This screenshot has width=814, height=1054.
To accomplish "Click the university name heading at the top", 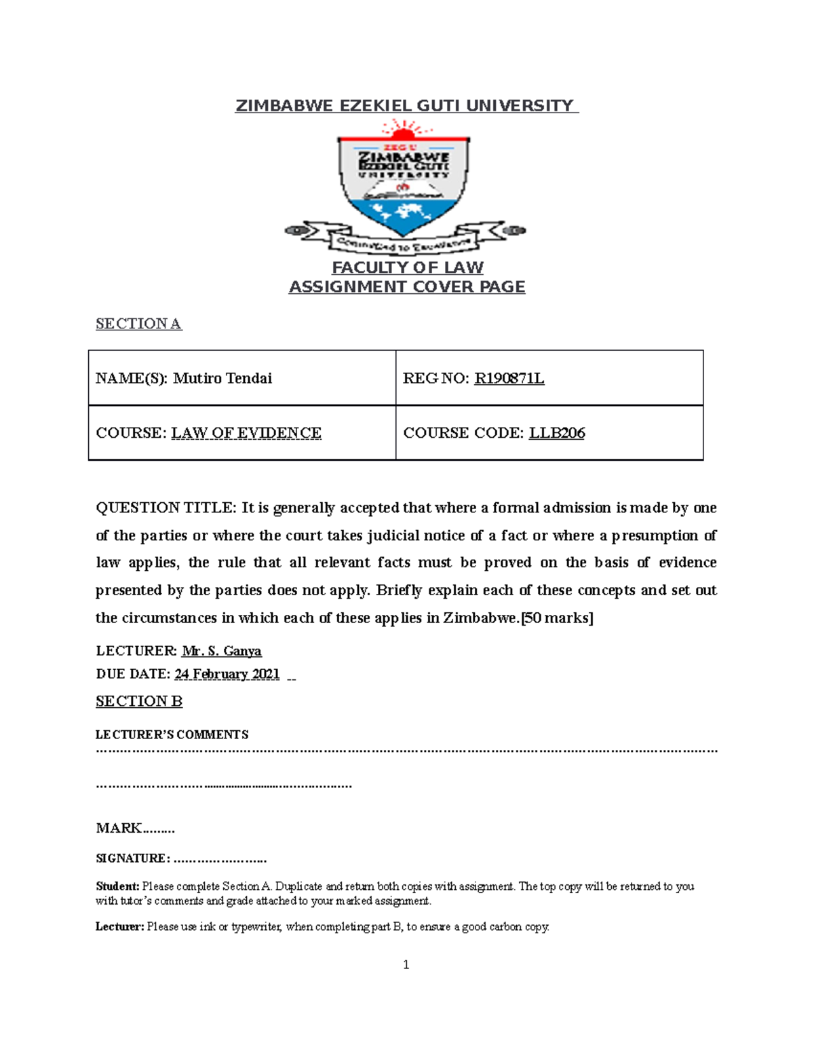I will (406, 106).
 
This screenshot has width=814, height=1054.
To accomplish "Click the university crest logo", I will (405, 187).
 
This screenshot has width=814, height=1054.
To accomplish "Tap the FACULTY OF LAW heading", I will (407, 267).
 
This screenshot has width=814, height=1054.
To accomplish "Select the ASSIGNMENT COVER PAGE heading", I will (407, 287).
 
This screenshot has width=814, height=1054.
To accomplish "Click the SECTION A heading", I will (138, 324).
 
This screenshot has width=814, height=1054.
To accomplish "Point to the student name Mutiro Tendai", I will (222, 378).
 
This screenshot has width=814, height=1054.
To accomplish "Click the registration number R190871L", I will (509, 378).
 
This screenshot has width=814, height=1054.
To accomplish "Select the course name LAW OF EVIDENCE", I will (246, 433).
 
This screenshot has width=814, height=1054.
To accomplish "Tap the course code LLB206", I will (556, 433).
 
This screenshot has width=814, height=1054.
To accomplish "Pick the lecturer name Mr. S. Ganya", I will (221, 651).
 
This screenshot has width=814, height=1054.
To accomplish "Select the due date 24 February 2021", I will (227, 674).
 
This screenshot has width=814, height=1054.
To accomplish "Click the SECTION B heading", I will (139, 701).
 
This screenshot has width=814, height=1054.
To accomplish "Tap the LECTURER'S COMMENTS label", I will (172, 734).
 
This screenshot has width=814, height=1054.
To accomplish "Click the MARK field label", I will (119, 828).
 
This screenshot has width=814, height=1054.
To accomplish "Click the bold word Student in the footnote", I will (117, 886).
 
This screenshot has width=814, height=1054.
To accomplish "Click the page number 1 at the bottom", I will (406, 965).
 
